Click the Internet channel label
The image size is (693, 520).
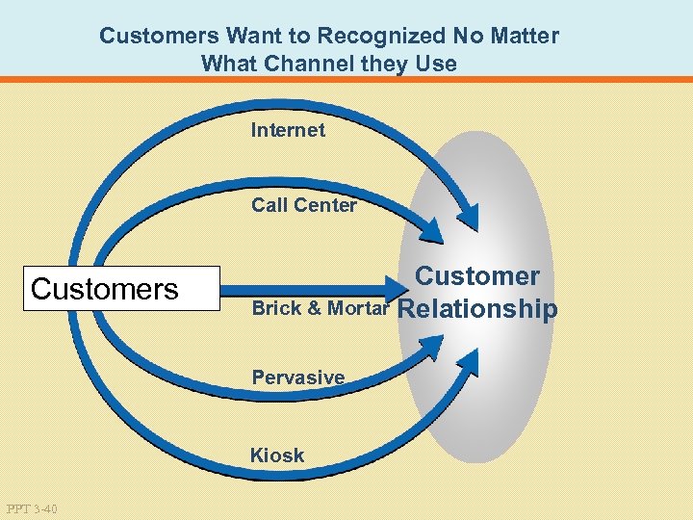pyautogui.click(x=288, y=130)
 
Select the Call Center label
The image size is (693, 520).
pyautogui.click(x=303, y=205)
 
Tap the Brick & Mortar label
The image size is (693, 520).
pyautogui.click(x=320, y=309)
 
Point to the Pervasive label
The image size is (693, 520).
pyautogui.click(x=297, y=377)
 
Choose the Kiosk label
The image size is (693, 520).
pyautogui.click(x=276, y=455)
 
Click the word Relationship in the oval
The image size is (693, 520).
pyautogui.click(x=476, y=309)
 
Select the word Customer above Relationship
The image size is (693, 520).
pyautogui.click(x=476, y=276)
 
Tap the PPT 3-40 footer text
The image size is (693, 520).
pyautogui.click(x=31, y=508)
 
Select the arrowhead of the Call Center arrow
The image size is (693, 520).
pyautogui.click(x=432, y=231)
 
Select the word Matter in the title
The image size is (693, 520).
pyautogui.click(x=525, y=37)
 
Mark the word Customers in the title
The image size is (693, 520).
pyautogui.click(x=158, y=37)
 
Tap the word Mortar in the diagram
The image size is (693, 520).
pyautogui.click(x=359, y=309)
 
